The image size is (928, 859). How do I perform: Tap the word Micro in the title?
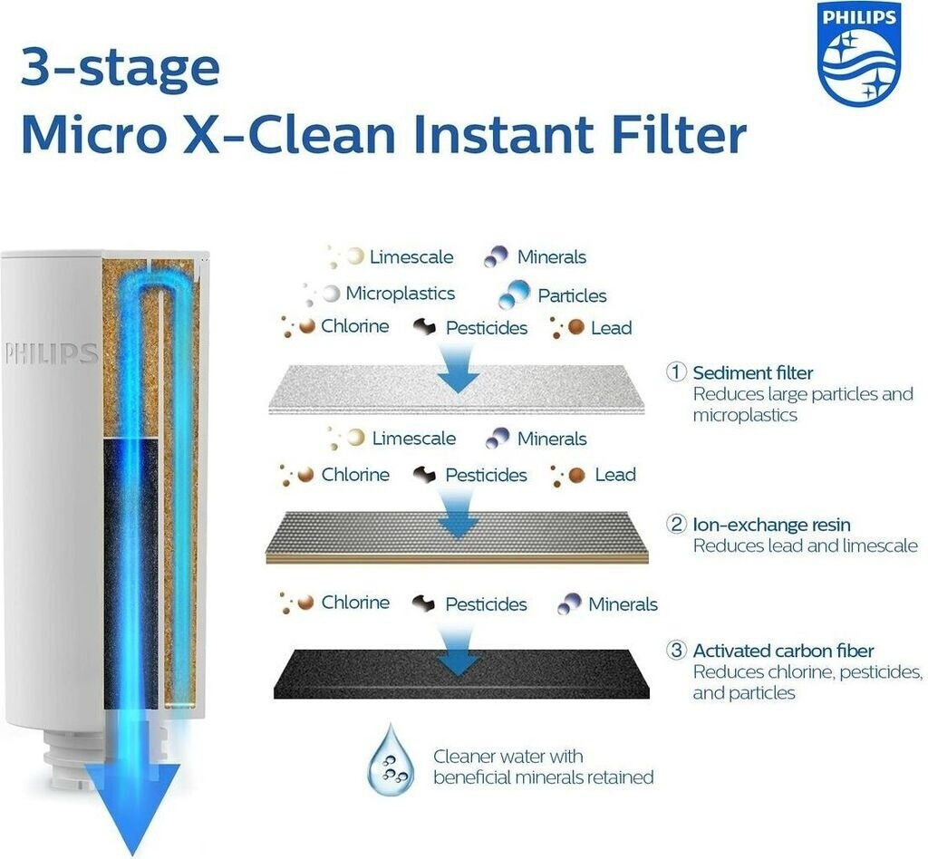[x=93, y=135]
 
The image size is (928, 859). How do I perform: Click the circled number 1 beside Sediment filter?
[x=676, y=372]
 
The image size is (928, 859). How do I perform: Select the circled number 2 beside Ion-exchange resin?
[x=676, y=524]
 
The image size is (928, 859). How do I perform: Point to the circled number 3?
[x=676, y=651]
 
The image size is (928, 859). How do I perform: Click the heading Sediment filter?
[x=753, y=372]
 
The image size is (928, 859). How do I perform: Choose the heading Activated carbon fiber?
[x=783, y=651]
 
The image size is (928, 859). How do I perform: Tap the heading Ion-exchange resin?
[x=772, y=525]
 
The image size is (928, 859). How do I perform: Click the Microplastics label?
[x=400, y=294]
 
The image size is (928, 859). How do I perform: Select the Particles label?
[x=572, y=295]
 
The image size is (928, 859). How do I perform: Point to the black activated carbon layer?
[x=461, y=674]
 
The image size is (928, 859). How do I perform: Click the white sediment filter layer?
[x=456, y=389]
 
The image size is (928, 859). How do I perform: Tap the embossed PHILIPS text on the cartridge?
[x=51, y=353]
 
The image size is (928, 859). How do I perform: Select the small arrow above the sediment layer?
[x=458, y=368]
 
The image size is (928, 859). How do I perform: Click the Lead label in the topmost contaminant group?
[x=612, y=328]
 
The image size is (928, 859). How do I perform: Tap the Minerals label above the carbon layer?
[x=623, y=604]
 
